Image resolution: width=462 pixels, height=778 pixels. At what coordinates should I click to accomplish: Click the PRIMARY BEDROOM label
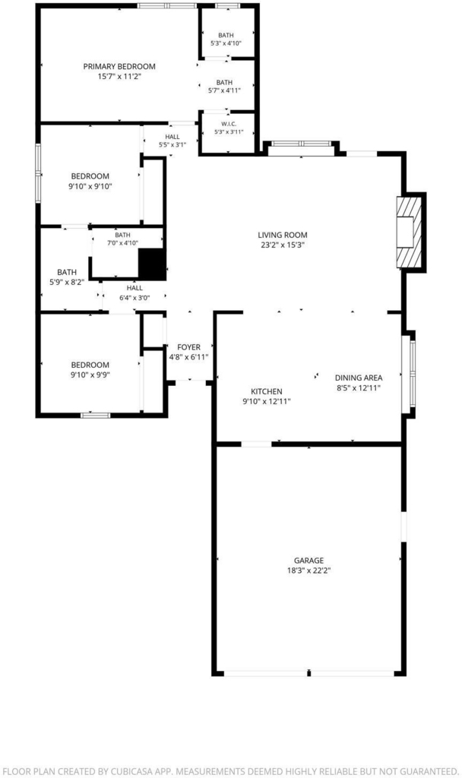[119, 67]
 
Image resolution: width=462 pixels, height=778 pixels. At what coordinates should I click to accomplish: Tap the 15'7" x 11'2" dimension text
[119, 77]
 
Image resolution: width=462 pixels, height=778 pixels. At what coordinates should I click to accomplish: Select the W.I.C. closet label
[229, 124]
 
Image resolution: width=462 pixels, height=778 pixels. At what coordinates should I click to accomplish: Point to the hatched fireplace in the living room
[410, 232]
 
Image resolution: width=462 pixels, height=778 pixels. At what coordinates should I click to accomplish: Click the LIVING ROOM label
[283, 236]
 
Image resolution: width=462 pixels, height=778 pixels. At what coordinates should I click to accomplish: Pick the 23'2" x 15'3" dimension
[283, 245]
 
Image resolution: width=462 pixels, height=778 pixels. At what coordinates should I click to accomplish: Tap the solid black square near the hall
[152, 264]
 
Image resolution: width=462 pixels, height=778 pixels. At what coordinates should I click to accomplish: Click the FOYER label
[189, 347]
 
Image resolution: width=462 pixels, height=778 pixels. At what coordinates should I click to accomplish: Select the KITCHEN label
[267, 392]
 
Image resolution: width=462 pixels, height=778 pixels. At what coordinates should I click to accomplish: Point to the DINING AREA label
[359, 378]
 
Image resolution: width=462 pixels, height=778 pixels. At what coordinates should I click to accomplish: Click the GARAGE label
[309, 561]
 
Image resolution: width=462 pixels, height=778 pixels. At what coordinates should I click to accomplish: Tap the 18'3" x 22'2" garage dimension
[309, 571]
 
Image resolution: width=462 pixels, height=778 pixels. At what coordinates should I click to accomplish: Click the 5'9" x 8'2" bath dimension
[67, 282]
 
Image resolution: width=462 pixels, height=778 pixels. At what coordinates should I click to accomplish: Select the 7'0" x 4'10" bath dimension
[122, 243]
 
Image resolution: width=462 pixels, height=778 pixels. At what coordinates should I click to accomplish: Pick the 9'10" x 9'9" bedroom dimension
[90, 375]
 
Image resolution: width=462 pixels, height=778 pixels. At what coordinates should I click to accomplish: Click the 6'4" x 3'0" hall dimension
[134, 298]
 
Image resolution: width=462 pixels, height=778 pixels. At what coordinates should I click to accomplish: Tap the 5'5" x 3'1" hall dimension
[172, 145]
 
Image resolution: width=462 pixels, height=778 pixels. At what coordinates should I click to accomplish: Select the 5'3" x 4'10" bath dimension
[226, 43]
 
